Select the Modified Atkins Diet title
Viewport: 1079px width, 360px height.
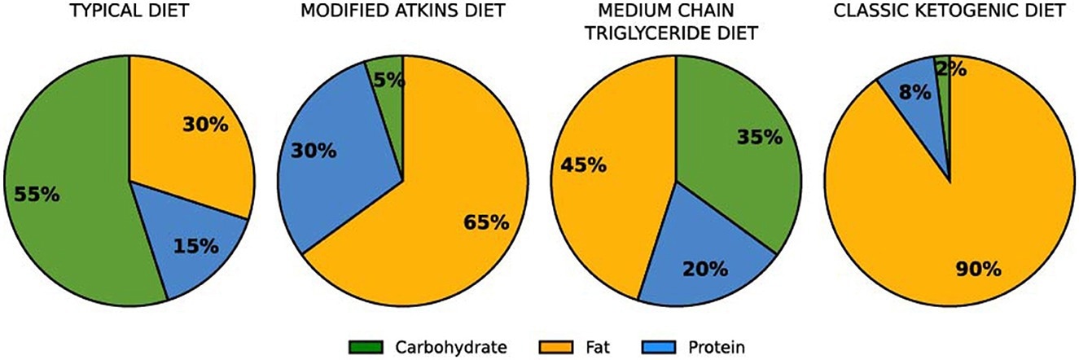pyautogui.click(x=403, y=13)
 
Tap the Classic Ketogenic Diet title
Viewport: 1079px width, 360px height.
pyautogui.click(x=950, y=13)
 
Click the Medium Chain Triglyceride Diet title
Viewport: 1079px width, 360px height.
pyautogui.click(x=676, y=23)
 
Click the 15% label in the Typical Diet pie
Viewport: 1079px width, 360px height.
pyautogui.click(x=195, y=244)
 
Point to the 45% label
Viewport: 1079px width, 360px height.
pyautogui.click(x=583, y=165)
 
